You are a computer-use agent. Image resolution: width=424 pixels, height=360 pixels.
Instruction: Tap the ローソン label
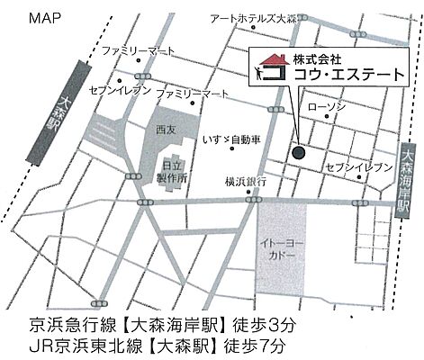(x=325, y=107)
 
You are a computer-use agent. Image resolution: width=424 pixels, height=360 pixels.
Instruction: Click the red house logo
(x=266, y=68)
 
